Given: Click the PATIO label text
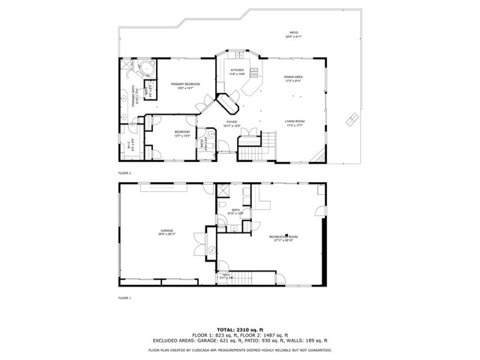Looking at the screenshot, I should (294, 32).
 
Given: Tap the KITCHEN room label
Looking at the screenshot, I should (237, 70).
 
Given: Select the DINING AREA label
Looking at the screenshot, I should (293, 77).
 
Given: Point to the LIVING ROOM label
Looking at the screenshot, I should (294, 121).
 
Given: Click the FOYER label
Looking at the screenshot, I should (231, 122).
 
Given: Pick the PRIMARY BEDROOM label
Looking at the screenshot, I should (183, 84).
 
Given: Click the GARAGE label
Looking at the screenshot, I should (166, 230).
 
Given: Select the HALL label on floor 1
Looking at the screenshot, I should (226, 274).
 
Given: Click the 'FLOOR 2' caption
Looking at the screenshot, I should (124, 172).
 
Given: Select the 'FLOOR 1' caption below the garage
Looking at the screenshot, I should (124, 298).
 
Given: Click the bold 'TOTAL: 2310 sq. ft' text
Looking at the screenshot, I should (240, 329).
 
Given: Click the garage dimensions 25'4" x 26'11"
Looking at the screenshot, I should (166, 235).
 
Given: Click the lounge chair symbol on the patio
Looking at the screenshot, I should (351, 120).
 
